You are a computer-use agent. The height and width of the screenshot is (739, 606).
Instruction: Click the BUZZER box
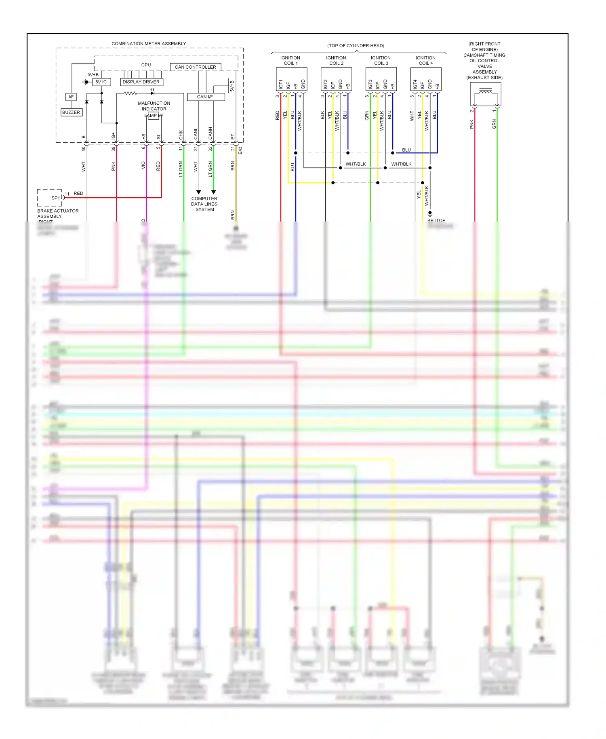[x=71, y=112]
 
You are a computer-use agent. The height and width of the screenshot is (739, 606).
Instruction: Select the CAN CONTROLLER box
[x=195, y=67]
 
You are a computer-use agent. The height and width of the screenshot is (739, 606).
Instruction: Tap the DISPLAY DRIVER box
[x=141, y=82]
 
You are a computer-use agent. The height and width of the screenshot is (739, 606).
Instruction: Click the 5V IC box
[x=101, y=82]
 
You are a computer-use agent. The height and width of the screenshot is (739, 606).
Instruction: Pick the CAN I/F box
[x=205, y=97]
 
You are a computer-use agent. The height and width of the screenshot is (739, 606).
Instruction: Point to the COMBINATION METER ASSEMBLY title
[x=149, y=44]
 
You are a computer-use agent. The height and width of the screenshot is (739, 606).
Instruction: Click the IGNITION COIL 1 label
[x=290, y=61]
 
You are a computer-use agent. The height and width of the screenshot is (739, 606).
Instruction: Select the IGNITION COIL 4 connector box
[x=426, y=79]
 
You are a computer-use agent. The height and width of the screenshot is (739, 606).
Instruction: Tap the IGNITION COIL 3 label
[x=381, y=61]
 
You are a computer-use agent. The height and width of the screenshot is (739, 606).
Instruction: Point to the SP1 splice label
[x=55, y=198]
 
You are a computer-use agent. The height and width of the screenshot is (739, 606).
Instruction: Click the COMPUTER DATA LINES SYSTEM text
[x=204, y=204]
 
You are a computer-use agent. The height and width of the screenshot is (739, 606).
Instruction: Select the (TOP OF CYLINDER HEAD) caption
[x=356, y=46]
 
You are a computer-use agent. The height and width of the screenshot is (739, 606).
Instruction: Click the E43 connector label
[x=240, y=150]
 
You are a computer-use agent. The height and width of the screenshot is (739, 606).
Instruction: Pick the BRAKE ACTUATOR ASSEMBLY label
[x=58, y=213]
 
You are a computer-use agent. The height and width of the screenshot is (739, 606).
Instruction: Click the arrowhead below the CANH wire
[x=214, y=192]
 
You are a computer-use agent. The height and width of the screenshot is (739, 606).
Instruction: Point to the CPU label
[x=146, y=65]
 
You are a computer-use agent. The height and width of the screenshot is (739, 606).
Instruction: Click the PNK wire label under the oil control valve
[x=472, y=124]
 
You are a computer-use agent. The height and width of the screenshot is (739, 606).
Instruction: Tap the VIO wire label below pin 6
[x=143, y=165]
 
